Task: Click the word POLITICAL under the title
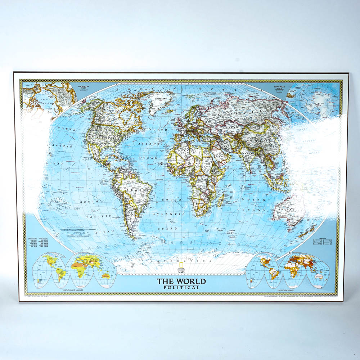point(181,287)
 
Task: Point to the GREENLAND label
point(162,98)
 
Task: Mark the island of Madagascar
point(221,197)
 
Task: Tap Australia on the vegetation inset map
point(106,276)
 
